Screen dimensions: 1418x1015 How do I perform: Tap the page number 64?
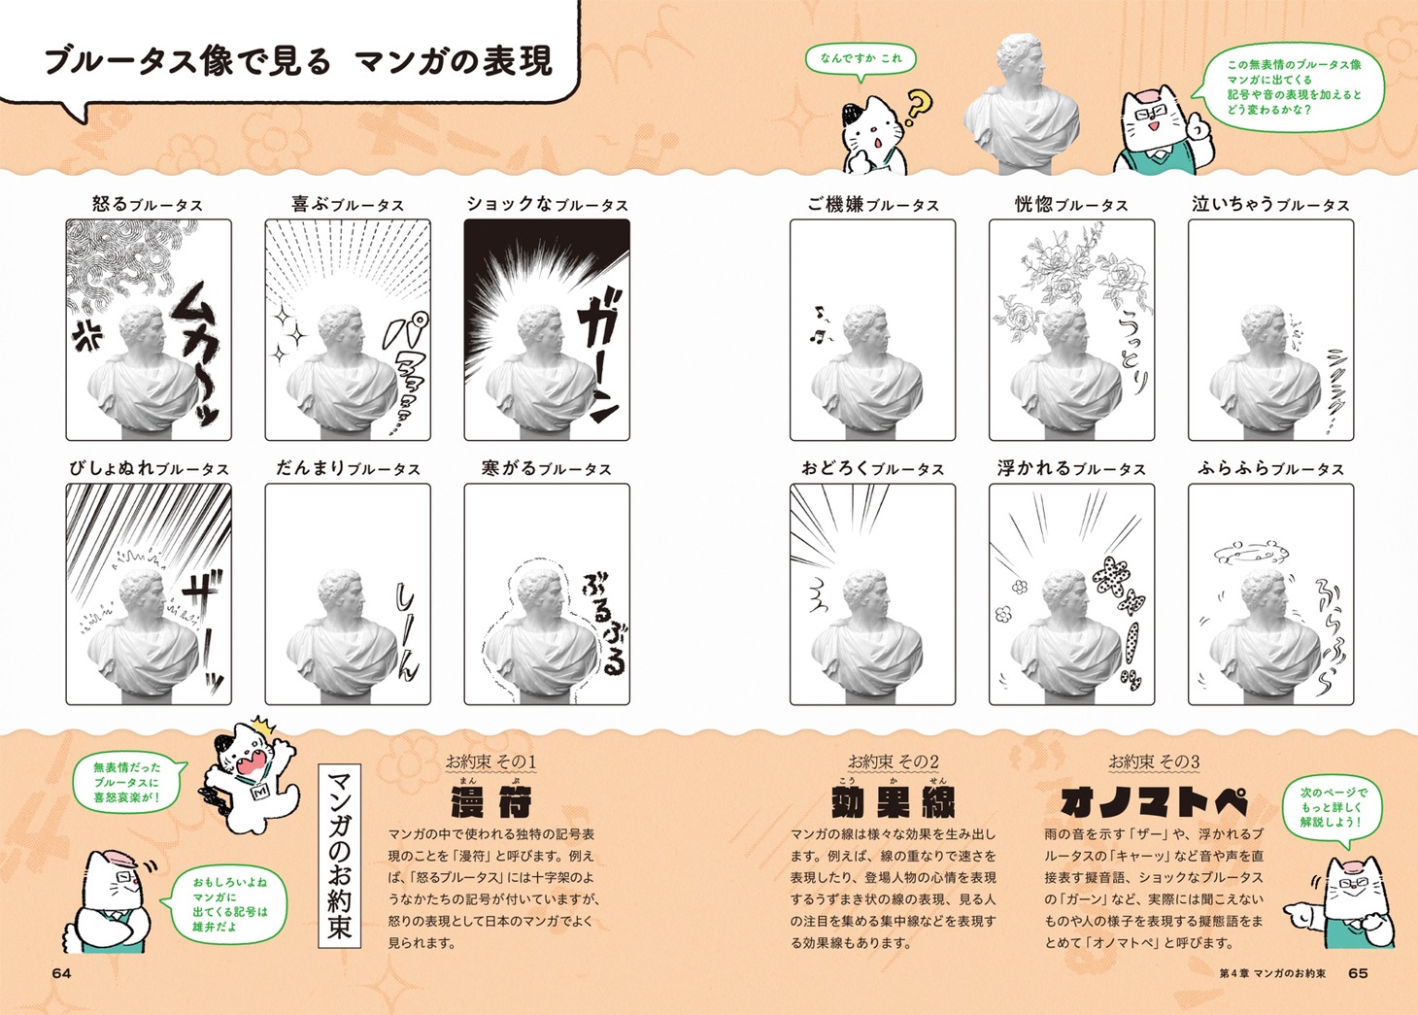[62, 973]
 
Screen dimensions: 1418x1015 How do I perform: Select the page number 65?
[1358, 973]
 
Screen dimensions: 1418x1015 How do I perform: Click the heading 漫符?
[491, 802]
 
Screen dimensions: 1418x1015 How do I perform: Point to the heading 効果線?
[894, 802]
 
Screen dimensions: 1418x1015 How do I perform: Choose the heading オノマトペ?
[1154, 802]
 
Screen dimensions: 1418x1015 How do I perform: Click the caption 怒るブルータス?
[148, 205]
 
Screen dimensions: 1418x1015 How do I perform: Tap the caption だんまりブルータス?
[348, 468]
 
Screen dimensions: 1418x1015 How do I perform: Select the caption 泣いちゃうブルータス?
[1270, 205]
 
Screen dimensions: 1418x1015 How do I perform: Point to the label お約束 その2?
[894, 761]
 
